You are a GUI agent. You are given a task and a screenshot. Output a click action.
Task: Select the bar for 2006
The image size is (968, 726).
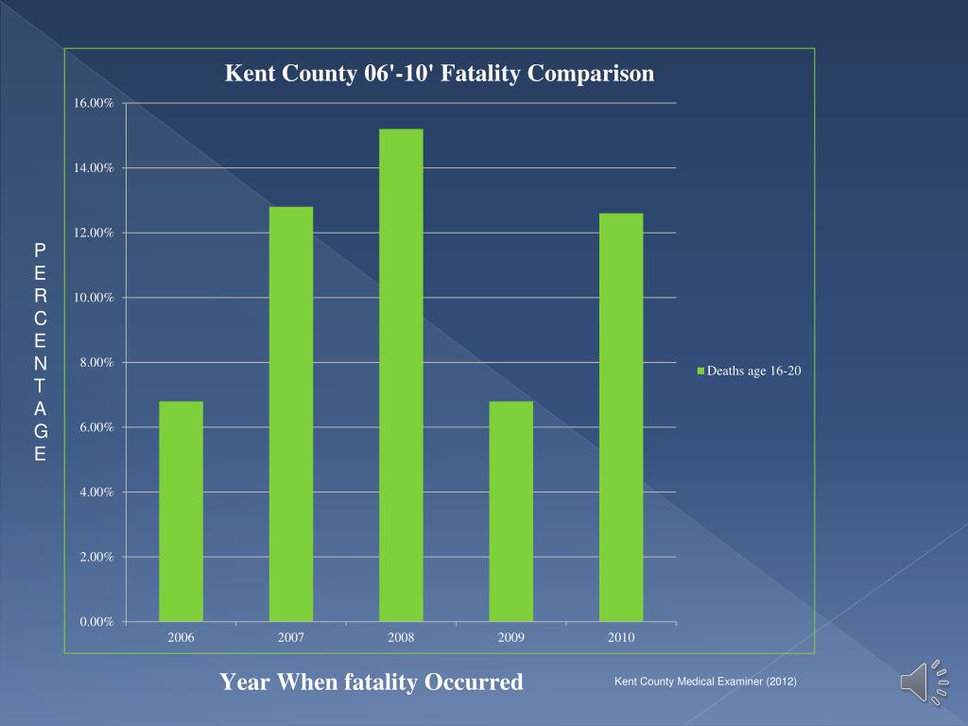[x=181, y=510]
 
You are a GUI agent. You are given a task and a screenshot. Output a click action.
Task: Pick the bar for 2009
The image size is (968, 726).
[x=511, y=510]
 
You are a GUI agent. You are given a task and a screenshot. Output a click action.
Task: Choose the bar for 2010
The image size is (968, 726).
[x=621, y=417]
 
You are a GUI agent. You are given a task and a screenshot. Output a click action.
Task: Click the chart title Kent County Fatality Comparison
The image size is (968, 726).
[x=440, y=74]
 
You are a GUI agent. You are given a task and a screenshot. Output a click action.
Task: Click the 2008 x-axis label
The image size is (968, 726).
[x=401, y=638]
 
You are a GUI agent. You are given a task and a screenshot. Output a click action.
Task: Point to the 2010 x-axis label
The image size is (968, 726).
[x=621, y=638]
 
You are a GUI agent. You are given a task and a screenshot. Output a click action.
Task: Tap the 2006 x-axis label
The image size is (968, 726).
[x=181, y=638]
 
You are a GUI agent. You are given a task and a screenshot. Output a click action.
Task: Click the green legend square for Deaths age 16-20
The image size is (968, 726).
[x=700, y=372]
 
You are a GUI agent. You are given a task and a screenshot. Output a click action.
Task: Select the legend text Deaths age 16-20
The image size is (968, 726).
[x=754, y=372]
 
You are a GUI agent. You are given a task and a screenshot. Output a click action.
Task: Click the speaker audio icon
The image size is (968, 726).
[x=923, y=682]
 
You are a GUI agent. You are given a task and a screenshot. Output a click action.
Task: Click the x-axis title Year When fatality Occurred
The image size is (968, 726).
[x=372, y=682]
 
